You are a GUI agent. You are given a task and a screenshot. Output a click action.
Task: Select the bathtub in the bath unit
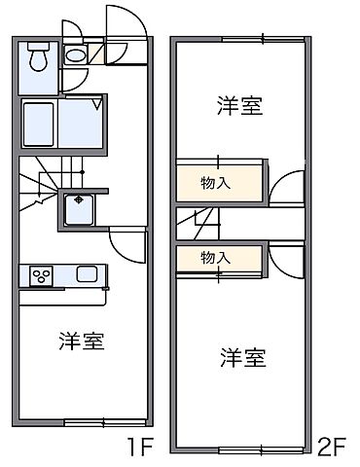tap(39, 123)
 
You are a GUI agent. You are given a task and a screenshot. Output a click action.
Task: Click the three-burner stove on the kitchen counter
tap(43, 275)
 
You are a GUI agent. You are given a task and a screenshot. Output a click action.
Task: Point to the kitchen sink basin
tap(88, 274)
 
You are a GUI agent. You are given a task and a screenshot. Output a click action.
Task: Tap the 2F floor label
tap(333, 449)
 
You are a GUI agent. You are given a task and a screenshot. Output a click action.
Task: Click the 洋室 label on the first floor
tap(81, 341)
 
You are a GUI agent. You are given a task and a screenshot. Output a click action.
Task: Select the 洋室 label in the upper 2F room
tap(238, 106)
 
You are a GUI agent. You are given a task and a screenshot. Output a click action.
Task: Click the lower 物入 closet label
tap(215, 258)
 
